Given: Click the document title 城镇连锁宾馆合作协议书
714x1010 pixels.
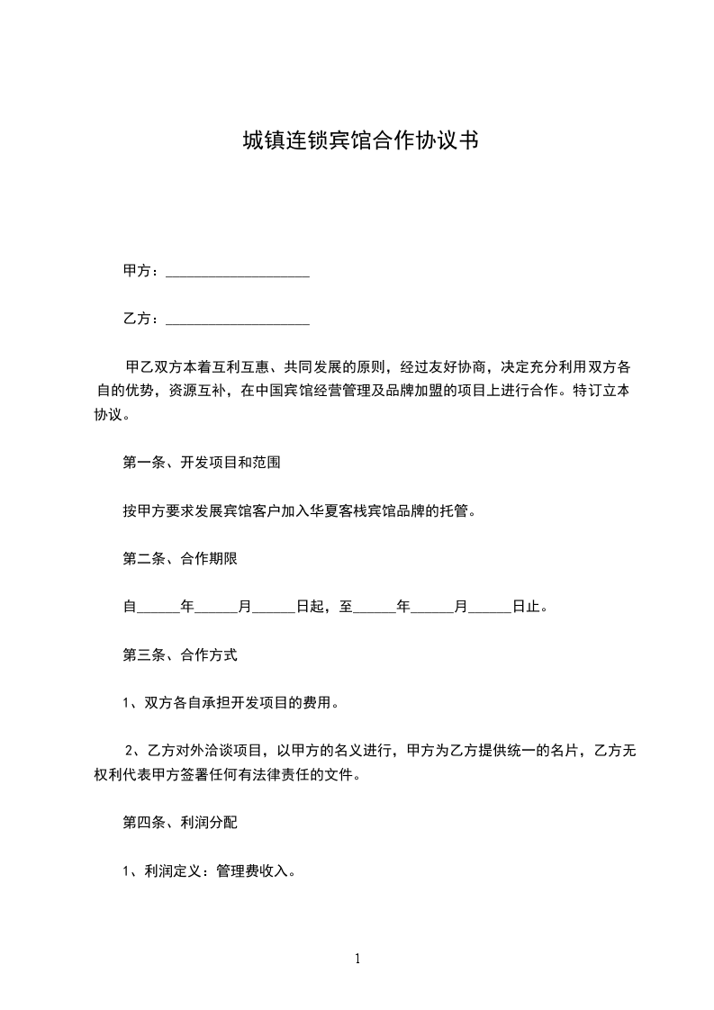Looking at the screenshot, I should tap(359, 140).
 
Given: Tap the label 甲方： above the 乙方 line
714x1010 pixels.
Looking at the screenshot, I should tap(141, 271).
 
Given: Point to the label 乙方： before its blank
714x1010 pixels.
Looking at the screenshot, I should tap(141, 319).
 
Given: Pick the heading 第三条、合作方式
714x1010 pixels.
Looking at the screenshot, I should tap(180, 655).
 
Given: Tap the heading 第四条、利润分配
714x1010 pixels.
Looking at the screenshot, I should tap(180, 823).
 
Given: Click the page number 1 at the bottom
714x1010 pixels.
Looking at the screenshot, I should tap(357, 959).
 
